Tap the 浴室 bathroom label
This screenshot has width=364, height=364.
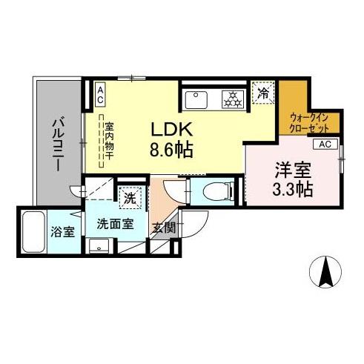pos(62,232)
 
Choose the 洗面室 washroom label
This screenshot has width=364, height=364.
pos(113,223)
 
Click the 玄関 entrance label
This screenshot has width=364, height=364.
pos(164,228)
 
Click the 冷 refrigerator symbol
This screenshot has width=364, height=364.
pos(263,93)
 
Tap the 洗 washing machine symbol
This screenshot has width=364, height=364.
pos(130,198)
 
